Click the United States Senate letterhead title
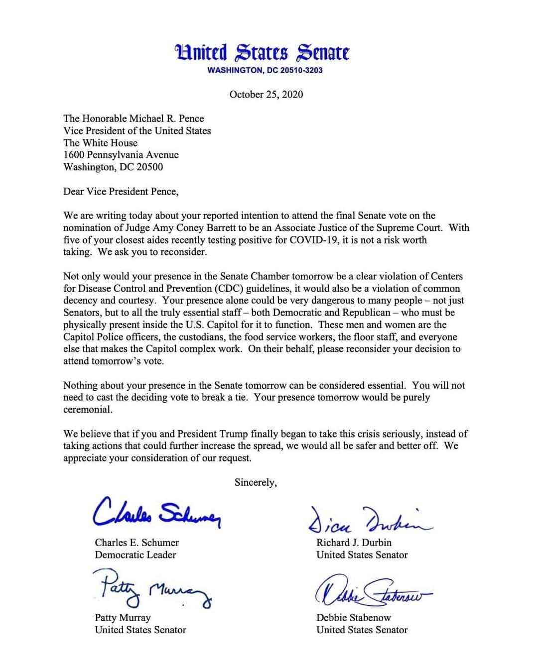[262, 52]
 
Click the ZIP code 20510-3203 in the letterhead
[301, 70]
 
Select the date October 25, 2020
[266, 95]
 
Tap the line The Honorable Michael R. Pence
[134, 118]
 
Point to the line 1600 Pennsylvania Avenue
[121, 155]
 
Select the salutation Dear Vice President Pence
[121, 191]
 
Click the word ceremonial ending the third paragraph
[88, 410]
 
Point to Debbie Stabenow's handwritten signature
[372, 591]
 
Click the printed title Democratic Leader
[135, 555]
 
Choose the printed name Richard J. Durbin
[354, 543]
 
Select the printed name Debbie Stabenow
[354, 618]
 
